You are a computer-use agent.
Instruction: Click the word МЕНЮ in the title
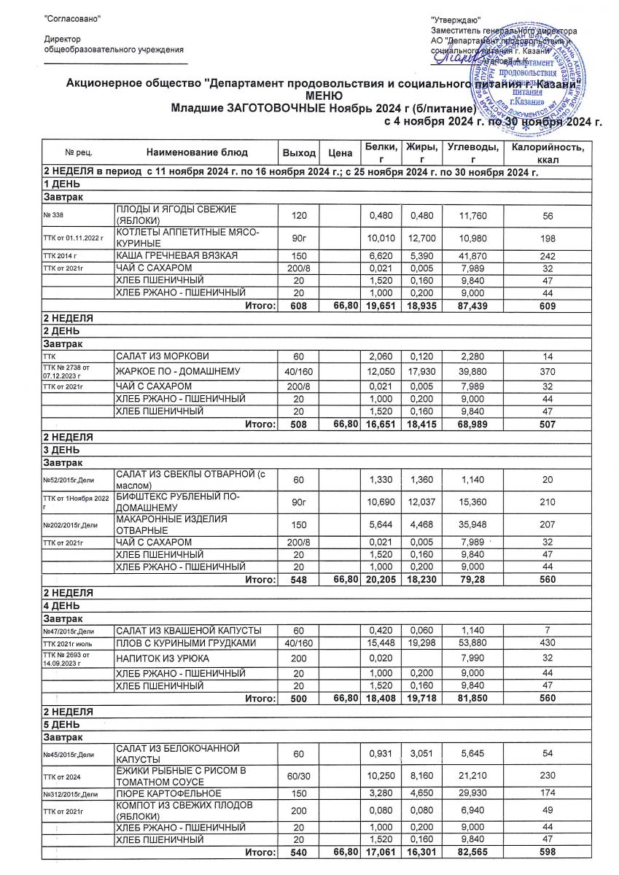[323, 96]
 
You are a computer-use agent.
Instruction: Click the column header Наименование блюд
[197, 153]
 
